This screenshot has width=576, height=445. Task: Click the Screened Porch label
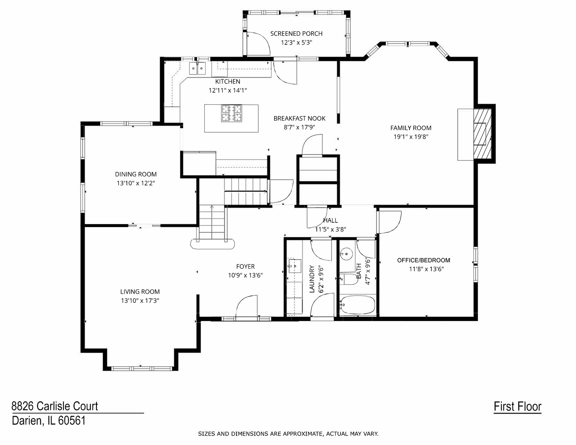click(296, 34)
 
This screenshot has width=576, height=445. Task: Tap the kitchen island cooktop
click(232, 113)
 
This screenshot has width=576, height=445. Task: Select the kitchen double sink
click(197, 68)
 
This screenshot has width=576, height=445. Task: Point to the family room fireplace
click(482, 133)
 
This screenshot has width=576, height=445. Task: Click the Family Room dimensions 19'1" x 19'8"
click(411, 137)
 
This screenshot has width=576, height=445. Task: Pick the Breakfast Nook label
click(300, 119)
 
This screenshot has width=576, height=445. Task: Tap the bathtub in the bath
click(357, 305)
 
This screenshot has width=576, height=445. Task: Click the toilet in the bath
click(349, 279)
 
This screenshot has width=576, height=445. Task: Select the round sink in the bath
click(346, 254)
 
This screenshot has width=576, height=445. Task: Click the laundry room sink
click(294, 266)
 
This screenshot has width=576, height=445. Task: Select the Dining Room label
click(136, 174)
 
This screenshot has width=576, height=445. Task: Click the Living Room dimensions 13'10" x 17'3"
click(140, 301)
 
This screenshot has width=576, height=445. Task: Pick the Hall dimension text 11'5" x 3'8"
click(330, 230)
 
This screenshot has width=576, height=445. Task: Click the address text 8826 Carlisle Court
click(55, 406)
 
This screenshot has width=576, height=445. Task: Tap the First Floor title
click(517, 407)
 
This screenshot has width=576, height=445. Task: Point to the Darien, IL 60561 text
click(49, 421)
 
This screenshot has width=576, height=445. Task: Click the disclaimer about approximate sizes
click(288, 433)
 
